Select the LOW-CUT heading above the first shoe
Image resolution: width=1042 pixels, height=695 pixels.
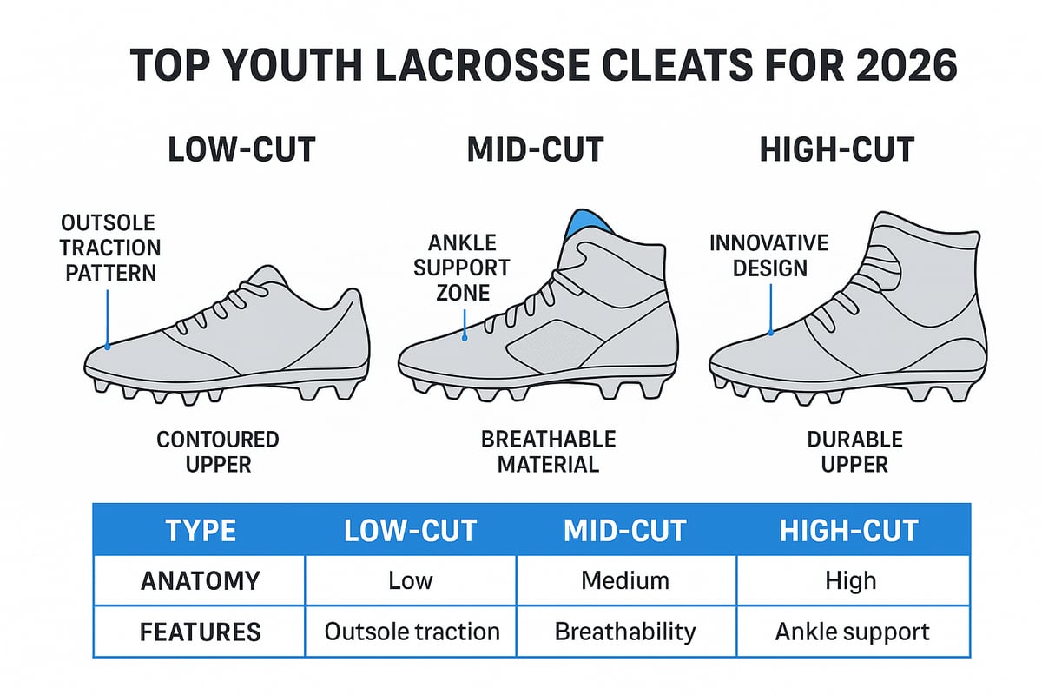coord(241,149)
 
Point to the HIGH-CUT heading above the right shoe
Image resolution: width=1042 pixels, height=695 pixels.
coord(836,149)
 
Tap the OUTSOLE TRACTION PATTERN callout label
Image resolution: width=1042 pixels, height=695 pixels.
coord(109,248)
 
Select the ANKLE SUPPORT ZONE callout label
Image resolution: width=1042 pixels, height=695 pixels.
coord(461,268)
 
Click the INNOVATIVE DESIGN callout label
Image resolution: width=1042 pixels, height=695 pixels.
coord(768,255)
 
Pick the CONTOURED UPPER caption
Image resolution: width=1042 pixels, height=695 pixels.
coord(218,452)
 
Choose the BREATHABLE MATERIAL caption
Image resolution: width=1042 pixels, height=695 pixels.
coord(548,452)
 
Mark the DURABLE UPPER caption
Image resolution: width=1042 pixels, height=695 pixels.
coord(854,452)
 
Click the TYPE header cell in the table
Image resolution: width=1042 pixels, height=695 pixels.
coord(199,530)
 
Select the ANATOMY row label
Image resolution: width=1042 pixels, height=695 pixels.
coord(199,580)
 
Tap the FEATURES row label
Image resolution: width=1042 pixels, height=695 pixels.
coord(199,632)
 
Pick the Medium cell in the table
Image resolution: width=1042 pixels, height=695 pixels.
coord(625,580)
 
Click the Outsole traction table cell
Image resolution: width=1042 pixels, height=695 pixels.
coord(412,632)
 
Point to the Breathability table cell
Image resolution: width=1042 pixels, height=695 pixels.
coord(625,632)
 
